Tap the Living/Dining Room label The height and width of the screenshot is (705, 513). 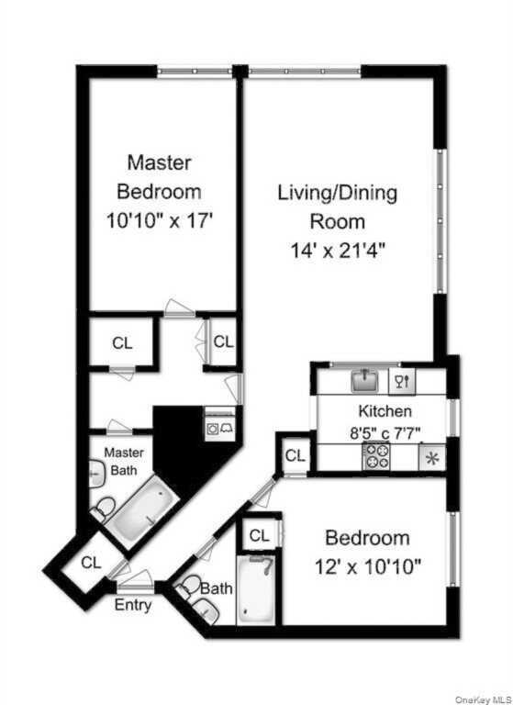pyautogui.click(x=337, y=207)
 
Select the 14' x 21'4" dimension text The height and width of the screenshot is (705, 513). pyautogui.click(x=337, y=251)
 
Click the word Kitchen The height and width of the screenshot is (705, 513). pyautogui.click(x=384, y=411)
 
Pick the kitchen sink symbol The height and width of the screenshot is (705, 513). pyautogui.click(x=365, y=378)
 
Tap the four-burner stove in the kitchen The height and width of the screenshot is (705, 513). pyautogui.click(x=376, y=455)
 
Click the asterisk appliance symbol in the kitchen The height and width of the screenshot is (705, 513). pyautogui.click(x=430, y=457)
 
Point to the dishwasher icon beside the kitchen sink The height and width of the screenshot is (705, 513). pyautogui.click(x=403, y=378)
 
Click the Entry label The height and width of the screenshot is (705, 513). pyautogui.click(x=133, y=605)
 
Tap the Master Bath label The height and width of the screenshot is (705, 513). pyautogui.click(x=119, y=462)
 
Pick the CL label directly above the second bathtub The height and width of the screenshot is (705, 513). pyautogui.click(x=259, y=535)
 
